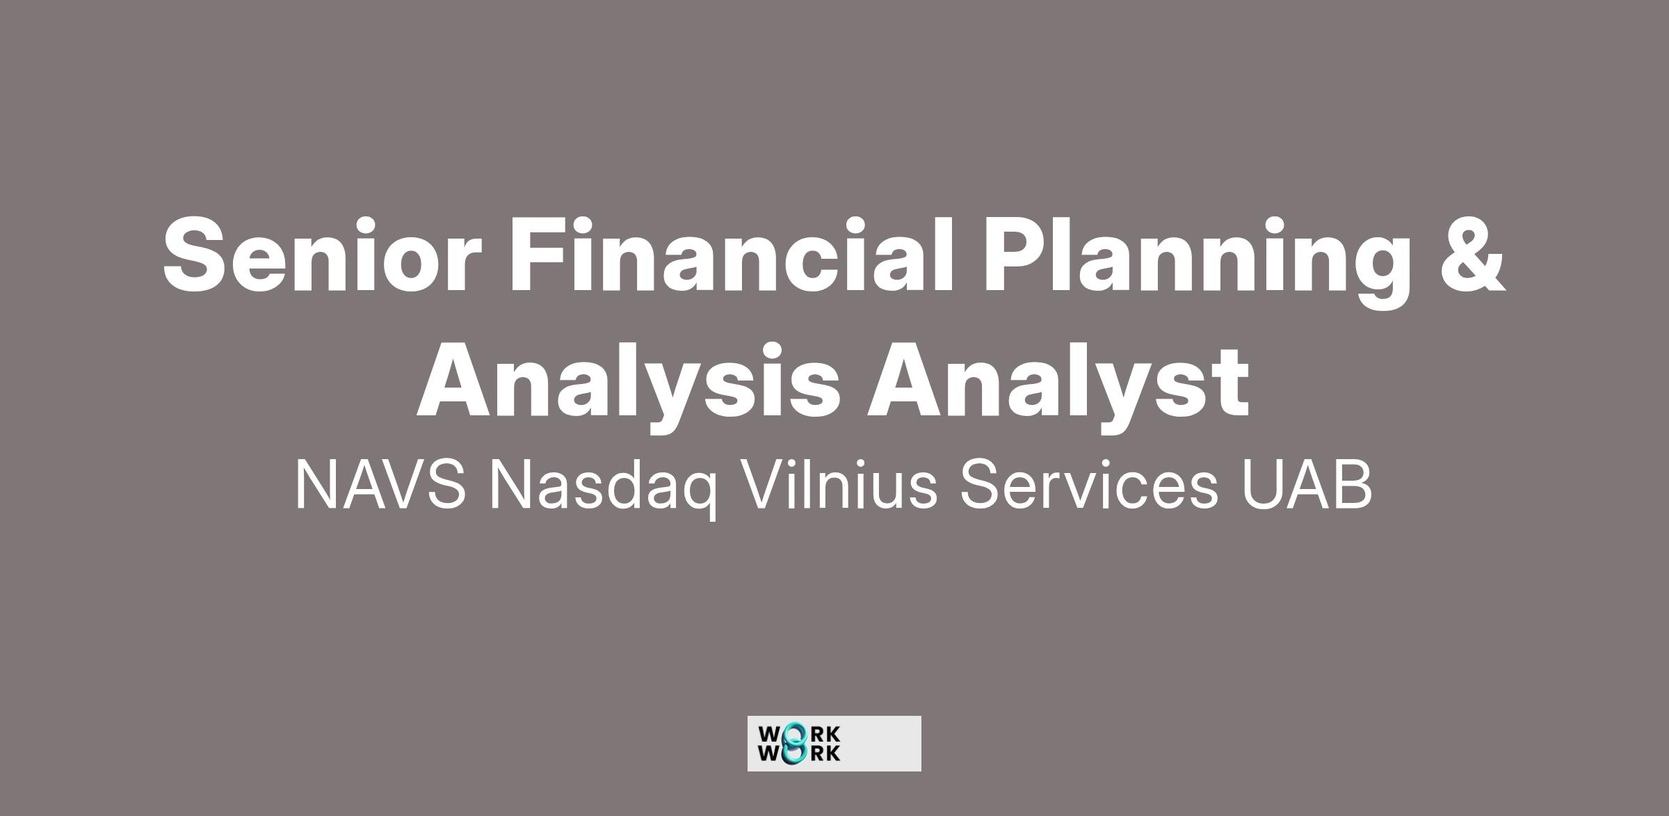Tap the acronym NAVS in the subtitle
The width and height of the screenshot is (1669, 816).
[x=380, y=485]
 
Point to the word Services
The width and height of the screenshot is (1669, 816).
[x=1089, y=485]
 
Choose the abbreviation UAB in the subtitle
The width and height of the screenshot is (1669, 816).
[x=1307, y=485]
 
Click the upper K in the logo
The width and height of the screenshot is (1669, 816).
[x=833, y=735]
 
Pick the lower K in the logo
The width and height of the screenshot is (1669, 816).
[x=833, y=753]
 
